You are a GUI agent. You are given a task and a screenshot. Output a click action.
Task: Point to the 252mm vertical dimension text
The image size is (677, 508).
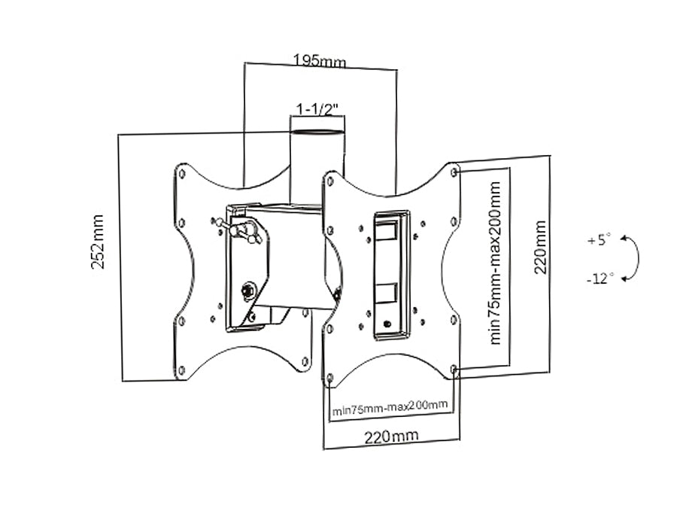98,243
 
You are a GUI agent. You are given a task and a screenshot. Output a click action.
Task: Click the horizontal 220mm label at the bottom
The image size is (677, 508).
391,436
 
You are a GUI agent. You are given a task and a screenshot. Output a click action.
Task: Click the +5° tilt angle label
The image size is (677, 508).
599,241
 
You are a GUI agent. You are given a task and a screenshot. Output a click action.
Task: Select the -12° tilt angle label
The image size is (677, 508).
600,278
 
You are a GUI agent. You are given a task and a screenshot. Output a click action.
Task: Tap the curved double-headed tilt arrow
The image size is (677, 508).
633,258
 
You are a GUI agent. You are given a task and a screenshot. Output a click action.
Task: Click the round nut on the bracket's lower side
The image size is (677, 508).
246,290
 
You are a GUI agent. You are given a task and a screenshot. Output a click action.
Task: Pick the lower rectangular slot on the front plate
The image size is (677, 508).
388,291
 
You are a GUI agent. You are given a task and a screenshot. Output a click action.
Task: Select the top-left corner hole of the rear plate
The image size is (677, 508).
181,173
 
